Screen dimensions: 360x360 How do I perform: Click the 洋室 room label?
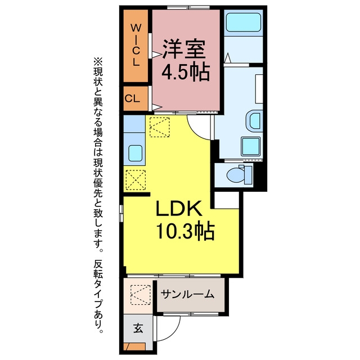pyautogui.click(x=184, y=49)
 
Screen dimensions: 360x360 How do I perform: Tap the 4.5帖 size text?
pyautogui.click(x=186, y=71)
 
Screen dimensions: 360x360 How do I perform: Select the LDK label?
pyautogui.click(x=179, y=209)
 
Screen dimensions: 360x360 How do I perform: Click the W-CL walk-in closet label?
pyautogui.click(x=136, y=45)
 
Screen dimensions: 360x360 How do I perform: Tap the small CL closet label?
pyautogui.click(x=132, y=99)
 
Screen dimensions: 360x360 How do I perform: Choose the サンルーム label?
pyautogui.click(x=187, y=294)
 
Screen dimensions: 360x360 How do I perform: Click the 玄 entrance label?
pyautogui.click(x=138, y=328)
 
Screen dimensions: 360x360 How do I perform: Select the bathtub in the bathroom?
pyautogui.click(x=244, y=22)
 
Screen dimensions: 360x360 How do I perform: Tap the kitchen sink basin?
pyautogui.click(x=135, y=154)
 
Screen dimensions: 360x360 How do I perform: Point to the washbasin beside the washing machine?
pyautogui.click(x=254, y=121)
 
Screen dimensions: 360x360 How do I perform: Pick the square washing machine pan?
pyautogui.click(x=250, y=146)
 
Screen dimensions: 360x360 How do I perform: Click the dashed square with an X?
pyautogui.click(x=136, y=180)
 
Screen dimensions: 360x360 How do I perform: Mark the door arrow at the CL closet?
pyautogui.click(x=157, y=107)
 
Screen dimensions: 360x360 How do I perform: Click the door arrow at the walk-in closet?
pyautogui.click(x=157, y=55)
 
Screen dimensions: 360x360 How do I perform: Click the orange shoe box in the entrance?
pyautogui.click(x=134, y=346)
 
